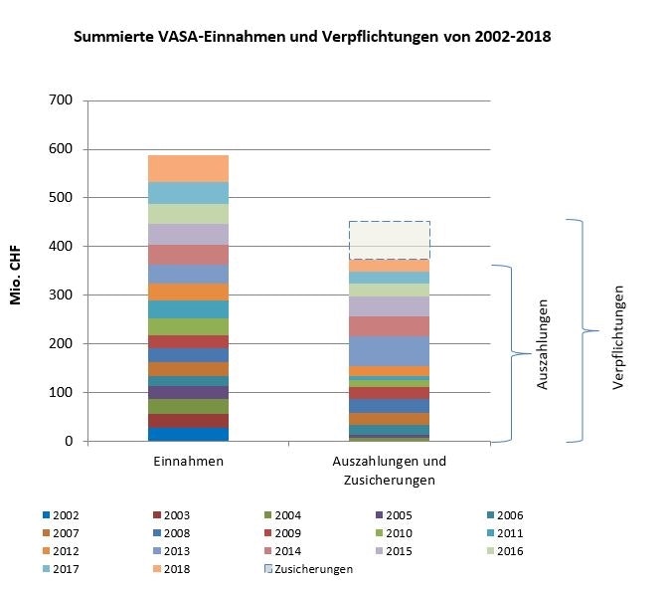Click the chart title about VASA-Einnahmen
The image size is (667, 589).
coord(312,37)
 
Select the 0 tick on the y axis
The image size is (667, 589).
coord(71,442)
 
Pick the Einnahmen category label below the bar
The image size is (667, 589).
coord(188,463)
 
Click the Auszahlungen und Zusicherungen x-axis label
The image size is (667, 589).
coord(388,471)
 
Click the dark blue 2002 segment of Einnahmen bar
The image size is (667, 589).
coord(188,434)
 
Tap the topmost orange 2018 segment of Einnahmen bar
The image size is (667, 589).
coord(188,167)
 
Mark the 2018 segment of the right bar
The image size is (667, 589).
coord(389,266)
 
